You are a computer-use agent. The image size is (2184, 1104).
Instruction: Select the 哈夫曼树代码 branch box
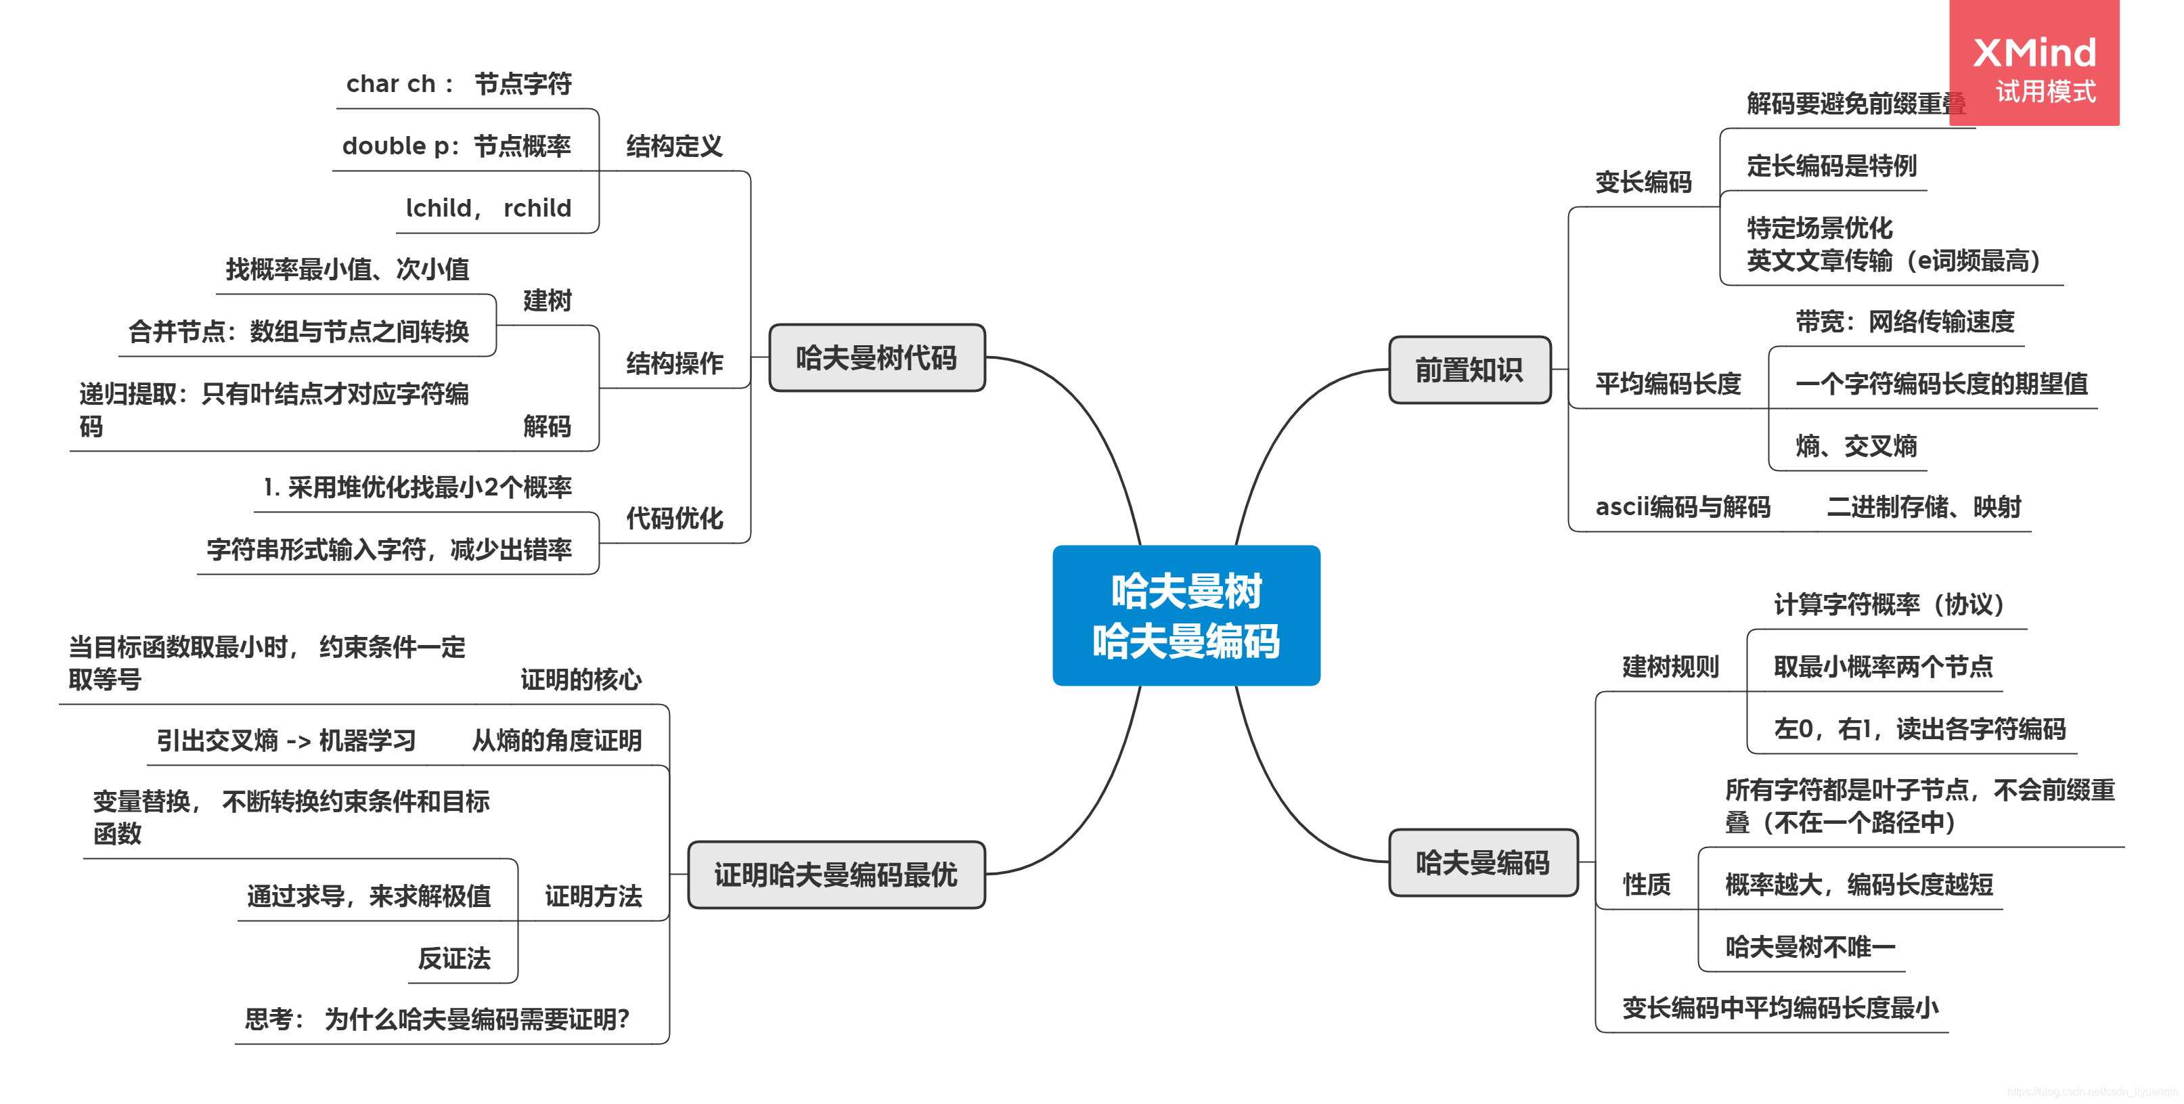click(876, 358)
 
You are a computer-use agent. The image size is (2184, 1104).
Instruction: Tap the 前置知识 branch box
click(1469, 370)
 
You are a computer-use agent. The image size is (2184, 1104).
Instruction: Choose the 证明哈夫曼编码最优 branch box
click(835, 875)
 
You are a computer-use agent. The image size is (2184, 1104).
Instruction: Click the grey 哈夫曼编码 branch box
click(1482, 863)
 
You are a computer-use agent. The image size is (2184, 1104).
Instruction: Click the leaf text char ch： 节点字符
click(459, 84)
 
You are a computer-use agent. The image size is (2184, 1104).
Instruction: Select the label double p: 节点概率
click(456, 146)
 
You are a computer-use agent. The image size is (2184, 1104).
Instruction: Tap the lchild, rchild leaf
click(489, 208)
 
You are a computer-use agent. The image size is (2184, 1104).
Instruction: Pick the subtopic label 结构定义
click(674, 146)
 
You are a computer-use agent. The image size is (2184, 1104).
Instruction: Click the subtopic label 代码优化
click(674, 518)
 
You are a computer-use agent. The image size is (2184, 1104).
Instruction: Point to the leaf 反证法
click(453, 958)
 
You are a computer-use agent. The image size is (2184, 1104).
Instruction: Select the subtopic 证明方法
click(593, 896)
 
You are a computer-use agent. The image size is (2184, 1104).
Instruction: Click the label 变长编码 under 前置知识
click(1643, 181)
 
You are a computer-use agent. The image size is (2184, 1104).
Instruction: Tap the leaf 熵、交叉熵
click(1855, 446)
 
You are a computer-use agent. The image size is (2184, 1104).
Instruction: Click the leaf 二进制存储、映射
click(1923, 507)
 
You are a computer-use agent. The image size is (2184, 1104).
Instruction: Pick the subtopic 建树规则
click(1670, 667)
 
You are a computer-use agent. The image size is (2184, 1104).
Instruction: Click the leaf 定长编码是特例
click(1831, 165)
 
